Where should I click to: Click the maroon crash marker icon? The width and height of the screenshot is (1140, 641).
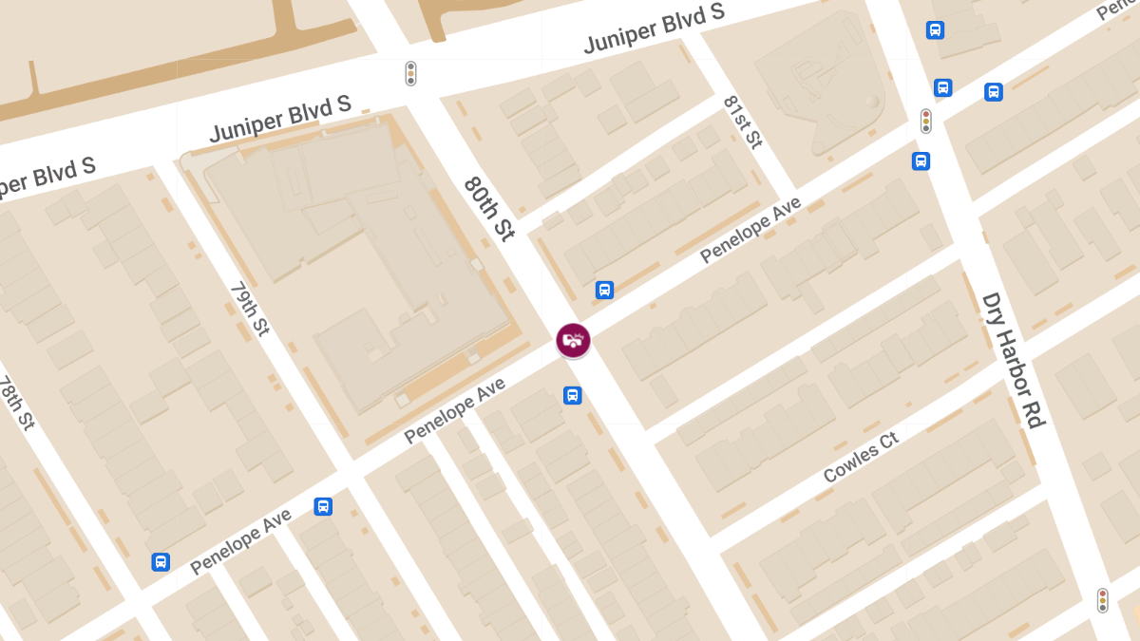click(x=573, y=340)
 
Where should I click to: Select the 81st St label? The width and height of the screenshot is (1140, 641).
click(x=742, y=122)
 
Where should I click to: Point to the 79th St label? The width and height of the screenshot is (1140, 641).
click(x=250, y=309)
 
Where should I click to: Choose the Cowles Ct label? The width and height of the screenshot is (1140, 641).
click(x=861, y=458)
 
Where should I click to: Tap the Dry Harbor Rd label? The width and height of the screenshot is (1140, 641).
click(x=1014, y=360)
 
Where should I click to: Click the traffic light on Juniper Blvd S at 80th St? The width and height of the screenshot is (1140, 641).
click(x=410, y=73)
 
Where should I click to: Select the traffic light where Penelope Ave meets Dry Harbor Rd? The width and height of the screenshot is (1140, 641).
click(x=925, y=121)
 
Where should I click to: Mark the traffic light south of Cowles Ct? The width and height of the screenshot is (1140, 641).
click(x=1102, y=600)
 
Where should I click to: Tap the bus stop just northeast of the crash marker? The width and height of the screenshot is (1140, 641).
click(x=604, y=290)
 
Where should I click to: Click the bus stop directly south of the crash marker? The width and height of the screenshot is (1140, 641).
click(x=572, y=395)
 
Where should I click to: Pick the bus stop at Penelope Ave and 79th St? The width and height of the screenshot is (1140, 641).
click(x=323, y=506)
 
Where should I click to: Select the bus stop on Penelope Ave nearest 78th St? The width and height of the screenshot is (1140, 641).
click(x=161, y=561)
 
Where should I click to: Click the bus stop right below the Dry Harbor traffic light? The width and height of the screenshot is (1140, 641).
click(x=921, y=160)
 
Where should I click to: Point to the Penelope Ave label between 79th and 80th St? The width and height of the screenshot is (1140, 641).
click(x=454, y=409)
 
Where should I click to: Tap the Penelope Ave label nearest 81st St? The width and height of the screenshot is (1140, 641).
click(x=750, y=230)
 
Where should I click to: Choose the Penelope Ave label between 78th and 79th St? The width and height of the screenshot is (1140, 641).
click(x=240, y=541)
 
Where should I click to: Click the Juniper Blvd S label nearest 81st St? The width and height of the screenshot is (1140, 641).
click(x=654, y=28)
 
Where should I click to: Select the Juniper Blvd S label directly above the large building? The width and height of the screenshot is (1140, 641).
click(x=280, y=119)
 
